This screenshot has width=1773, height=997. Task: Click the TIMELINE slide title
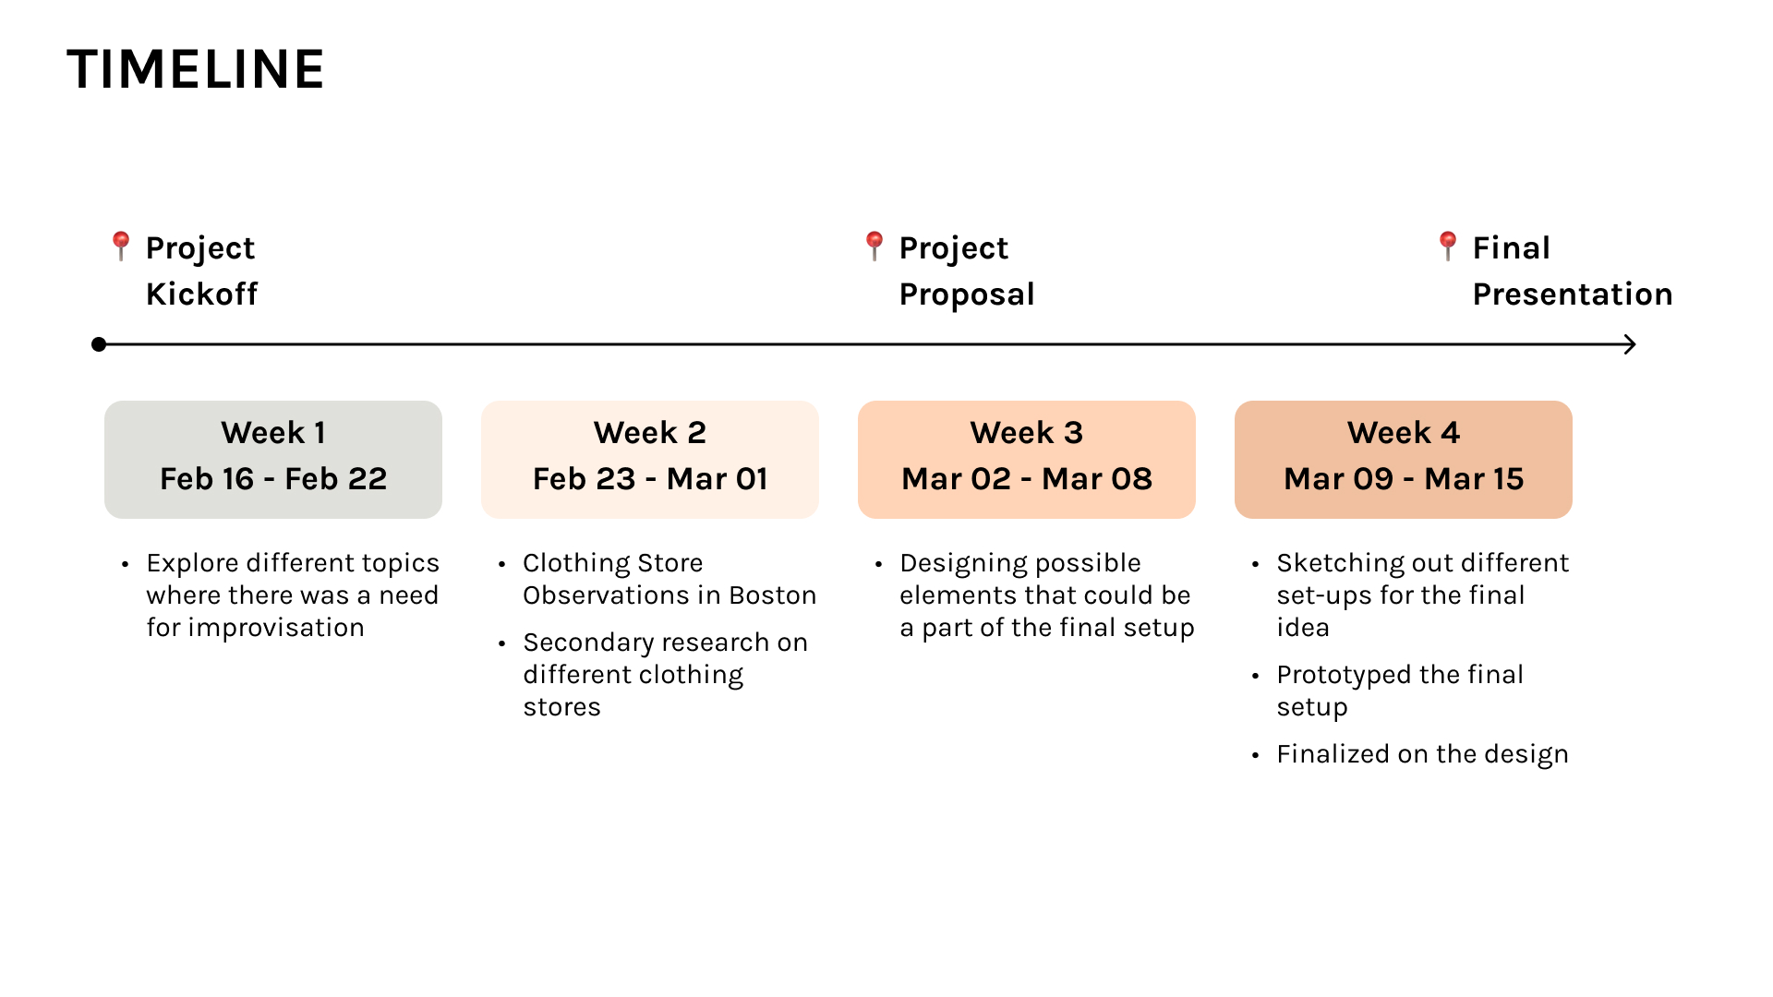196,69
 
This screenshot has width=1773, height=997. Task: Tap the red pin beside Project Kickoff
120,246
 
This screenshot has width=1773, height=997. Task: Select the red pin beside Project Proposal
874,246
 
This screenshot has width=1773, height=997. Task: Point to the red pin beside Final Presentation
1447,246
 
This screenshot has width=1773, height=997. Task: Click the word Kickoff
201,294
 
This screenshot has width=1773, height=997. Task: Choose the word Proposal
967,294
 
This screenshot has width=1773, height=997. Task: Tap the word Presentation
1573,294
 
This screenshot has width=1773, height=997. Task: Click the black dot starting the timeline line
99,344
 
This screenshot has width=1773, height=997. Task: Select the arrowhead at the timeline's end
1630,344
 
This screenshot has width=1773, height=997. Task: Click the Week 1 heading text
273,432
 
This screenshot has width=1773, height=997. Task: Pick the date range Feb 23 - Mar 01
650,478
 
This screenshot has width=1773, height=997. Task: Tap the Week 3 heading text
1027,432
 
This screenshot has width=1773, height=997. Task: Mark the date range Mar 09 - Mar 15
1404,478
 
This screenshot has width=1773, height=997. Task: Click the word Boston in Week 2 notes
773,595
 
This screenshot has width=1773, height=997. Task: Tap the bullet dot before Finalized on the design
1255,755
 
